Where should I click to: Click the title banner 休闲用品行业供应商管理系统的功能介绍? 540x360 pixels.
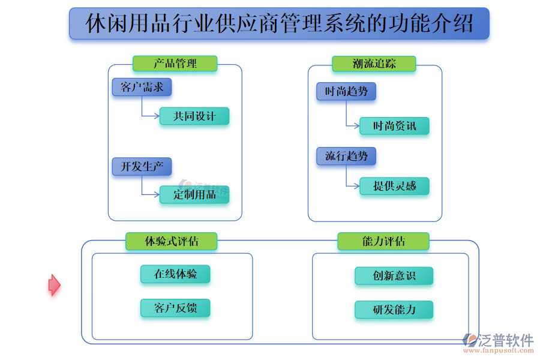pos(279,23)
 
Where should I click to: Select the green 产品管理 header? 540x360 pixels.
pos(175,64)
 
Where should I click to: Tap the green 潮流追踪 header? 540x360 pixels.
pos(374,64)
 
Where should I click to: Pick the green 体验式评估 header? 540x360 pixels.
pos(171,241)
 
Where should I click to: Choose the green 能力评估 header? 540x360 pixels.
pos(383,241)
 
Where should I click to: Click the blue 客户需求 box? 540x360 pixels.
pos(142,88)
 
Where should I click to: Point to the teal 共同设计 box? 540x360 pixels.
pos(194,116)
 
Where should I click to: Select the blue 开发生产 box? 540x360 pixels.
pos(142,166)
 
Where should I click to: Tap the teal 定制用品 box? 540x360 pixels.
pos(194,194)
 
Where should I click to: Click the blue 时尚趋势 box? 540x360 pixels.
pos(346,92)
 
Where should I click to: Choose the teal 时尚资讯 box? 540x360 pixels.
pos(394,126)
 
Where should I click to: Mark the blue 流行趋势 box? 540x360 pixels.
pos(346,156)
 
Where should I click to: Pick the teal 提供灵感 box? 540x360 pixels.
pos(394,186)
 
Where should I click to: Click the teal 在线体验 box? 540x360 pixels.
pos(175,274)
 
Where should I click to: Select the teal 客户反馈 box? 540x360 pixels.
pos(175,308)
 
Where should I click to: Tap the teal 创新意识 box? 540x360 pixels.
pos(394,276)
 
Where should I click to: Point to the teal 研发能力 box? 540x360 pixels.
pos(394,310)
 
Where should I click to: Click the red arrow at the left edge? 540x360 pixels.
pos(54,285)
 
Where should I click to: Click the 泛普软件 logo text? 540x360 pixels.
pos(505,340)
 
